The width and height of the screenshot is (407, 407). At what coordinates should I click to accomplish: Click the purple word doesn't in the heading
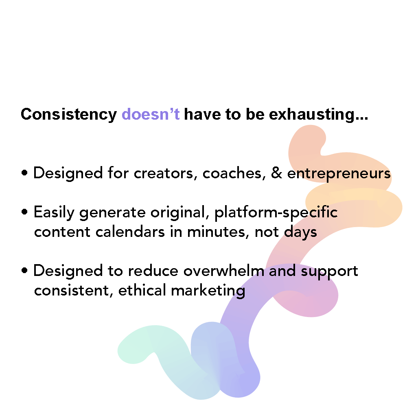151,115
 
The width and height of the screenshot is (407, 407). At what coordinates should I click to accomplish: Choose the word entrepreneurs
339,174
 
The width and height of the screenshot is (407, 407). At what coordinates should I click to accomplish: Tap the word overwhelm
224,271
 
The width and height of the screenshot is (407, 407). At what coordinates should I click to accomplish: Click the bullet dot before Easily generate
25,213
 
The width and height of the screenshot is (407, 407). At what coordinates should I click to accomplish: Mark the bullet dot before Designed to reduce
25,271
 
